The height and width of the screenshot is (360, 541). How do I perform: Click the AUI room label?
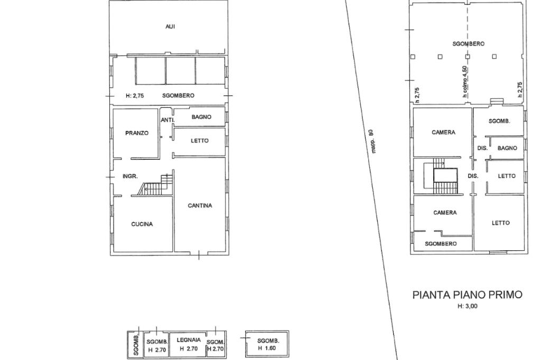point(170,26)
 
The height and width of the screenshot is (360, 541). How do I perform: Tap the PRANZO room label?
point(137,133)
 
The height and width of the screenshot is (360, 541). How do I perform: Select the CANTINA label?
point(200,205)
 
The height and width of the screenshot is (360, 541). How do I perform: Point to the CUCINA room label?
point(142,224)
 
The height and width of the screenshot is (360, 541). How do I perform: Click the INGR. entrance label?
point(130,176)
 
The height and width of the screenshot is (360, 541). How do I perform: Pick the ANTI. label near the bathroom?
point(167,120)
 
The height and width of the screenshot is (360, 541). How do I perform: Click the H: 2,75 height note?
point(135,96)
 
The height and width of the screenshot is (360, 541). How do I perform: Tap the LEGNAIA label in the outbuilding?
point(189,340)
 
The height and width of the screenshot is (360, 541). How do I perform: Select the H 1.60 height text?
point(267,348)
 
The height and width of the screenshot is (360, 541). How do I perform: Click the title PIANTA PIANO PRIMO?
point(468,295)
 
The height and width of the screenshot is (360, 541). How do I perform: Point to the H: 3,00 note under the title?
point(468,306)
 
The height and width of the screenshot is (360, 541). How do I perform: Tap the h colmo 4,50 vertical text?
point(465,81)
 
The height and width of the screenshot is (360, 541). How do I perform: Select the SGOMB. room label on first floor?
point(499,121)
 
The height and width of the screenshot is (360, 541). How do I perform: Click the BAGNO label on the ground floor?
point(201,117)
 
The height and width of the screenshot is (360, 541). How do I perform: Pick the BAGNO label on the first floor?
point(507,148)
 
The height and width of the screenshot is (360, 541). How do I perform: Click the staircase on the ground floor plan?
point(155,185)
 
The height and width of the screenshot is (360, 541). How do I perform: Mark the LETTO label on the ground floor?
point(200,141)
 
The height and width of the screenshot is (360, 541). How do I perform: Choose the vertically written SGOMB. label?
point(136,345)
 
